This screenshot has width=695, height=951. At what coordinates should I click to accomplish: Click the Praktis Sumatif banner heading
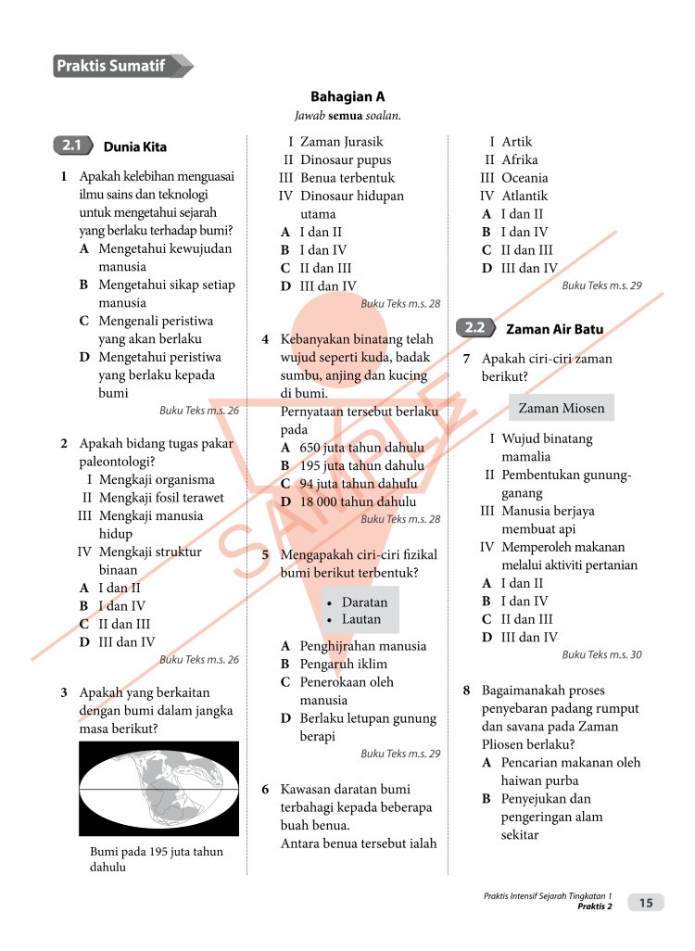click(x=111, y=66)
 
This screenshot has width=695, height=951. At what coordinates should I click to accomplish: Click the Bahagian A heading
click(x=347, y=96)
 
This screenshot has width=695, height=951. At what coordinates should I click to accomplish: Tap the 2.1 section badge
click(x=72, y=146)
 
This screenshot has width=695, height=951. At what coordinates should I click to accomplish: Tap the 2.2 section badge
click(x=474, y=327)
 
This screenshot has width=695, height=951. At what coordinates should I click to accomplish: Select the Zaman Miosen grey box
click(x=561, y=408)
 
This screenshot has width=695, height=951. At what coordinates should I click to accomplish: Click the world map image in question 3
click(x=158, y=788)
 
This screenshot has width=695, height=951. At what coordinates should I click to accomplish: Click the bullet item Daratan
click(x=364, y=602)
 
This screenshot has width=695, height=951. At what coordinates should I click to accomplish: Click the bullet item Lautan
click(x=360, y=619)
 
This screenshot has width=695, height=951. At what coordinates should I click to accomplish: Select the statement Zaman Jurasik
click(x=341, y=142)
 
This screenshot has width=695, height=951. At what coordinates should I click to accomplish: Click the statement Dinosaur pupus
click(x=346, y=159)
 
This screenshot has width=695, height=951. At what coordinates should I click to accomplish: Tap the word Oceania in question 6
click(x=524, y=177)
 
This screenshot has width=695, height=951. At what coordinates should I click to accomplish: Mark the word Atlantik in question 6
click(x=524, y=196)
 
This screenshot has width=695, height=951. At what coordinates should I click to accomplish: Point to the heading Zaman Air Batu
click(x=554, y=329)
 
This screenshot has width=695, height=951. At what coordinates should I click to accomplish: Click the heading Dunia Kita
click(x=135, y=146)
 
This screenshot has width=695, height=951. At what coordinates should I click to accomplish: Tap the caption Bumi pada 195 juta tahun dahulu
click(x=156, y=859)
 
